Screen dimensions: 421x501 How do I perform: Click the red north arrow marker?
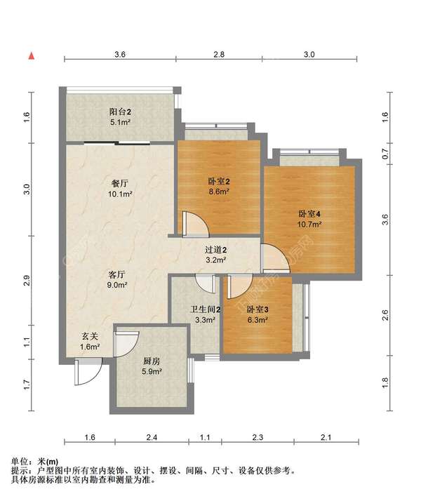pos(32,56)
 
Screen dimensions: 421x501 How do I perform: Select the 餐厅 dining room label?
pos(120,183)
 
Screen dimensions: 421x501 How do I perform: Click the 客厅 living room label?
pos(117,274)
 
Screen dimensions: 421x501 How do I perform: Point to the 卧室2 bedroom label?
pos(219,182)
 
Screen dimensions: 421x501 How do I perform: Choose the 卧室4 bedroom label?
pos(309,214)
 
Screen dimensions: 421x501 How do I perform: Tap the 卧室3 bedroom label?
pos(258,309)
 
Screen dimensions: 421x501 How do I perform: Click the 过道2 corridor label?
pos(215,250)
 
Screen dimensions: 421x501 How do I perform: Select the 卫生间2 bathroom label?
pos(206,309)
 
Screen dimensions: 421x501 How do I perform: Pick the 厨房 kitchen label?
pos(152,361)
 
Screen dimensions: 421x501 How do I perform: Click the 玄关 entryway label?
pos(89,336)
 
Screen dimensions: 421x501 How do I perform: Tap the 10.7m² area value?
pos(309,225)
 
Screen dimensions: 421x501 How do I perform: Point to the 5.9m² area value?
pos(152,372)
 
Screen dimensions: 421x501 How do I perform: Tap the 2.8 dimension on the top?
pos(219,54)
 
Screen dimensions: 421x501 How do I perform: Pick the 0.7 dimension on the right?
pos(385,155)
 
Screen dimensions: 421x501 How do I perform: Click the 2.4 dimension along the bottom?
pos(152,436)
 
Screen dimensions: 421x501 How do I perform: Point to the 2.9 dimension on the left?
pos(27,280)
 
